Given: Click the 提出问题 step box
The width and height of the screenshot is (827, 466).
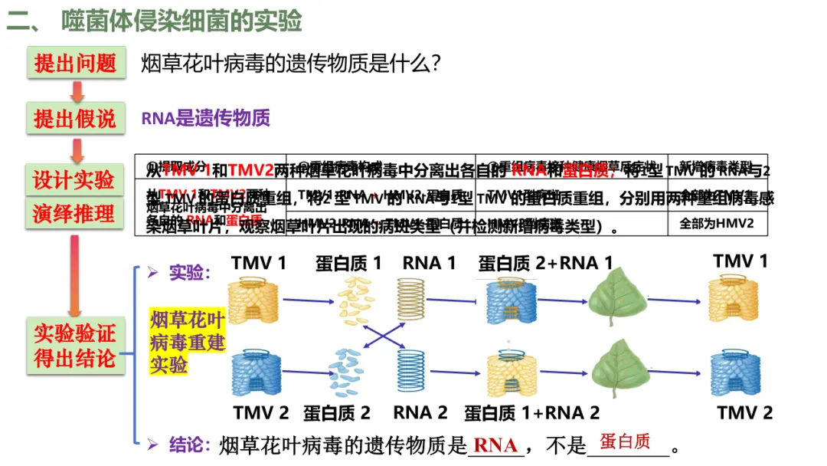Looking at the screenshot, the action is coord(74,63).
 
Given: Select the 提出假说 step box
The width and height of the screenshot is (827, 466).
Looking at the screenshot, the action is coord(74,119).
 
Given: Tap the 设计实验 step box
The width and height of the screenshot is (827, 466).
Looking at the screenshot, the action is coord(74,179).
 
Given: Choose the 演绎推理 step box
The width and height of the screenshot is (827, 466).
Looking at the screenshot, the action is coord(74,213).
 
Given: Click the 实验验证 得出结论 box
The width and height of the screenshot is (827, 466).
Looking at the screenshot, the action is coord(74,345).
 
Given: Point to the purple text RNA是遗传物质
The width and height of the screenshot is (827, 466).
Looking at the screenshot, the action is coord(205,118).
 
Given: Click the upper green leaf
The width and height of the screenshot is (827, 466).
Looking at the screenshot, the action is coord(617,300).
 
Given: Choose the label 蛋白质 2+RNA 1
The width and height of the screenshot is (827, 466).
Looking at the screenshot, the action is coord(545,264).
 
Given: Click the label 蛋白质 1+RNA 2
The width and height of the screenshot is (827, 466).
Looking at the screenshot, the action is coord(531,412).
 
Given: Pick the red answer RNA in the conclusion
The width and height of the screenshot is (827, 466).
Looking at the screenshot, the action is coord(495,445).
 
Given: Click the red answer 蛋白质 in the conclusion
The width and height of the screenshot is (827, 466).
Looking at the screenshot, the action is coord(625,441).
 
